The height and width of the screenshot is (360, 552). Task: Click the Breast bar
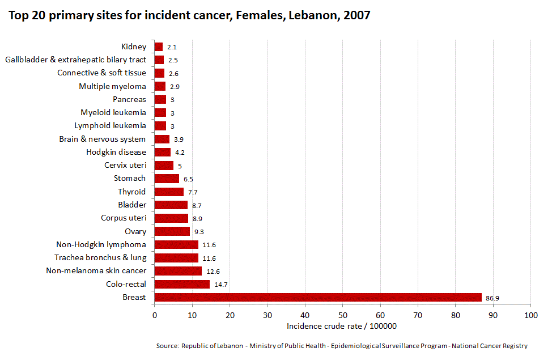(x=317, y=298)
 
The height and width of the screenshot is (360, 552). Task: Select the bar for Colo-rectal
(x=182, y=284)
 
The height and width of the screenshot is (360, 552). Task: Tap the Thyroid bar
(x=169, y=192)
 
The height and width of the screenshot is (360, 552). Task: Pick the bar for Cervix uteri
(x=164, y=166)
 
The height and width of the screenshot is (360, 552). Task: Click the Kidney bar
(x=159, y=47)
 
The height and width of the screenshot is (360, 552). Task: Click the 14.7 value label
(x=220, y=285)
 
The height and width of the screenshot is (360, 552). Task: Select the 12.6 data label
(x=213, y=272)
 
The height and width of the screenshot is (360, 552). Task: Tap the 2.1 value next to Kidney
(x=172, y=48)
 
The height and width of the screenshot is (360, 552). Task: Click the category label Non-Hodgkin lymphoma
(x=101, y=244)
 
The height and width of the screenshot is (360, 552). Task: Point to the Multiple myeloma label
(x=112, y=86)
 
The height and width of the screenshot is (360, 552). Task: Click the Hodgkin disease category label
(x=116, y=152)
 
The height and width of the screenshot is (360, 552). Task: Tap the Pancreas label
(x=129, y=99)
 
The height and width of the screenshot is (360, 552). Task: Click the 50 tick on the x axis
(x=342, y=315)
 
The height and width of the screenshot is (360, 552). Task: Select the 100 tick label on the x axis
(x=530, y=315)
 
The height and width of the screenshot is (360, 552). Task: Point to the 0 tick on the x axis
(x=154, y=315)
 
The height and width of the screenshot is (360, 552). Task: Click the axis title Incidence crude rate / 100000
(x=341, y=326)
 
